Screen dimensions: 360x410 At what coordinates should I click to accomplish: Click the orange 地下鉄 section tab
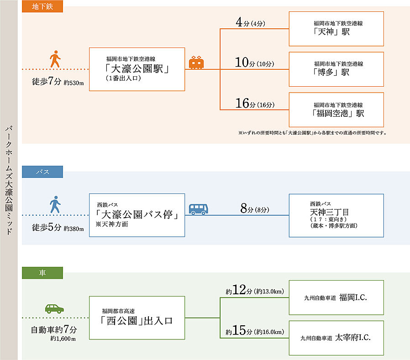pos(42,6)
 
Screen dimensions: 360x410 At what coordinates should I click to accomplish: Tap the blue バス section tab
pos(42,172)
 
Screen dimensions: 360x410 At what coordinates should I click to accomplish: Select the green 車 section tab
pos(42,273)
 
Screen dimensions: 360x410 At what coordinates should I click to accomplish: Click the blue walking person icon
pos(55,205)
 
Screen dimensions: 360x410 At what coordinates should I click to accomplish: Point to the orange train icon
pos(197,63)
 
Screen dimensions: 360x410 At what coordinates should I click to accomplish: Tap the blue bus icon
pos(199,209)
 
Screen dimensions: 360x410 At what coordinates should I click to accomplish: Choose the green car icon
pos(54,308)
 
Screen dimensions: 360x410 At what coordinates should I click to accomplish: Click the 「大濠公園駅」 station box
pos(137,69)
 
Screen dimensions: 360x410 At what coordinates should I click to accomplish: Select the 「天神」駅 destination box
pos(336,29)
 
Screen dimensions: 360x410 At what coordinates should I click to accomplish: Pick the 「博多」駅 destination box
pos(336,69)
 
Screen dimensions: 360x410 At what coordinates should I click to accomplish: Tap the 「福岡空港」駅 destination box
pos(336,110)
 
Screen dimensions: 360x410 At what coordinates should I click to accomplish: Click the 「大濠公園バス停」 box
pos(137,215)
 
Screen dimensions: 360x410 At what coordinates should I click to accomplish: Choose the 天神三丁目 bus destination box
pos(336,215)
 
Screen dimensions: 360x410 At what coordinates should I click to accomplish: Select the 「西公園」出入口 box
pos(137,317)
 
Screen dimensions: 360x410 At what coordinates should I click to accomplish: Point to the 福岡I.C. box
pos(336,297)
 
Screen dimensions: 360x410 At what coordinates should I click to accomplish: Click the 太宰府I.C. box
pos(336,338)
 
